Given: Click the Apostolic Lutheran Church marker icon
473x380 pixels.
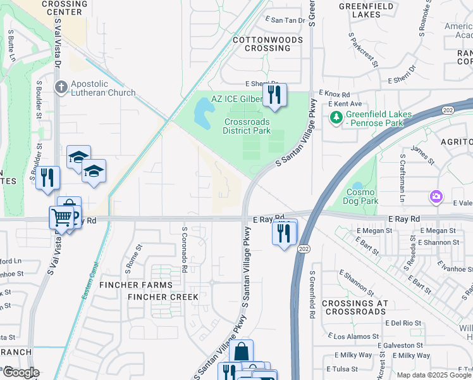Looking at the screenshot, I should pyautogui.click(x=61, y=87).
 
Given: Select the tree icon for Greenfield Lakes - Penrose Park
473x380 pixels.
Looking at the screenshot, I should pyautogui.click(x=336, y=117).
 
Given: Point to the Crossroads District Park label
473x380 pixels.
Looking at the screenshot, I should pyautogui.click(x=246, y=126).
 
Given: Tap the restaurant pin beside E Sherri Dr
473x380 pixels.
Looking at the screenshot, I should pyautogui.click(x=274, y=95).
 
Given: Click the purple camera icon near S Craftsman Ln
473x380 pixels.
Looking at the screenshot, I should pyautogui.click(x=436, y=197).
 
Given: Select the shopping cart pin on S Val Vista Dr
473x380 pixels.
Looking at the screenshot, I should pyautogui.click(x=61, y=217).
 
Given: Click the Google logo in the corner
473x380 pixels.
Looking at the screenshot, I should pyautogui.click(x=20, y=372).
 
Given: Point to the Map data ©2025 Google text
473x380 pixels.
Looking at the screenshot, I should pyautogui.click(x=434, y=374).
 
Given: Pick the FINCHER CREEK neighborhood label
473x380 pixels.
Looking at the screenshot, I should pyautogui.click(x=163, y=296).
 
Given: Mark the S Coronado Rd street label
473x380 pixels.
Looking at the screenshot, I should pyautogui.click(x=184, y=250).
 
